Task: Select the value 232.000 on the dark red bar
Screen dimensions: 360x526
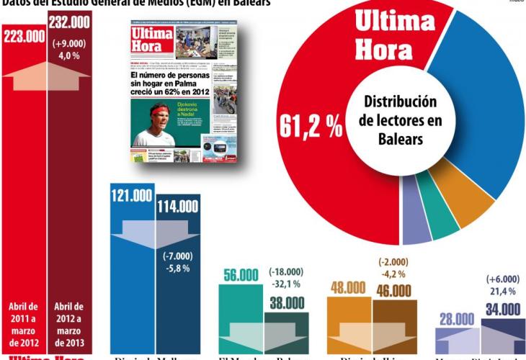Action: [69, 22]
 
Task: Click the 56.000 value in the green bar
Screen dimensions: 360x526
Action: [241, 275]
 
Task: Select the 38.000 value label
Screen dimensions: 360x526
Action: [287, 303]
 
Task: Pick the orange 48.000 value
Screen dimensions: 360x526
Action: [349, 288]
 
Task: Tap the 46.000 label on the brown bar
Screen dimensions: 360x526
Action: [393, 291]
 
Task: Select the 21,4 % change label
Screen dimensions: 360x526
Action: [504, 290]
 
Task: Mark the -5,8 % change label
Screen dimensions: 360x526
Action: [177, 269]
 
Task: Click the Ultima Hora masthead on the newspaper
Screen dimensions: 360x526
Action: [152, 41]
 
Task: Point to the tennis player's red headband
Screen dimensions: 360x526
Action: [159, 111]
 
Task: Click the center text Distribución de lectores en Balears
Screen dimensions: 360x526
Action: [400, 120]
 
